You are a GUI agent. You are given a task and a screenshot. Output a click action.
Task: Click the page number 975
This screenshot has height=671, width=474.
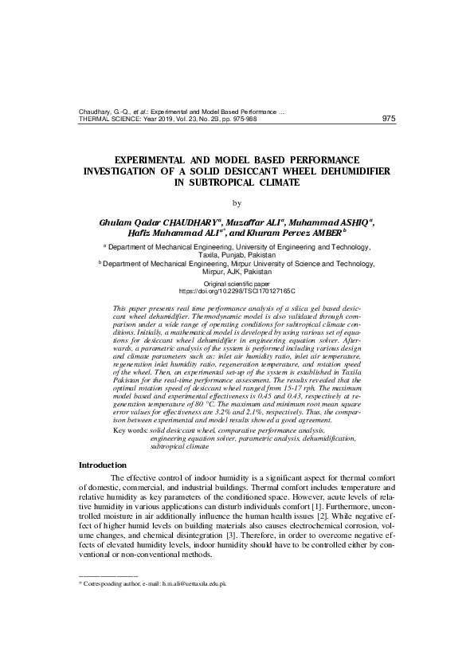click(389, 119)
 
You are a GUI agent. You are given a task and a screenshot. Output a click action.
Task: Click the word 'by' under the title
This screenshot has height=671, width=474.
click(236, 202)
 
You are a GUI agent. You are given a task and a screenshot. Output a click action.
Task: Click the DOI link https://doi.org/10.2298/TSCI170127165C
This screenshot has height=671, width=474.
click(237, 292)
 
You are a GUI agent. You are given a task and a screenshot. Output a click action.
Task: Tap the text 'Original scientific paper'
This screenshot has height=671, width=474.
click(237, 284)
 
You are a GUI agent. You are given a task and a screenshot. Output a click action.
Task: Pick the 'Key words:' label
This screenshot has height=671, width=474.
click(131, 430)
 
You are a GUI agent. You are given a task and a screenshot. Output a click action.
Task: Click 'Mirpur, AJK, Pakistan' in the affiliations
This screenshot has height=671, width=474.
click(237, 271)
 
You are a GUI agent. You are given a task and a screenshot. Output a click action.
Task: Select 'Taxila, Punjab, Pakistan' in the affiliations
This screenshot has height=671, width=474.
click(237, 255)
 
